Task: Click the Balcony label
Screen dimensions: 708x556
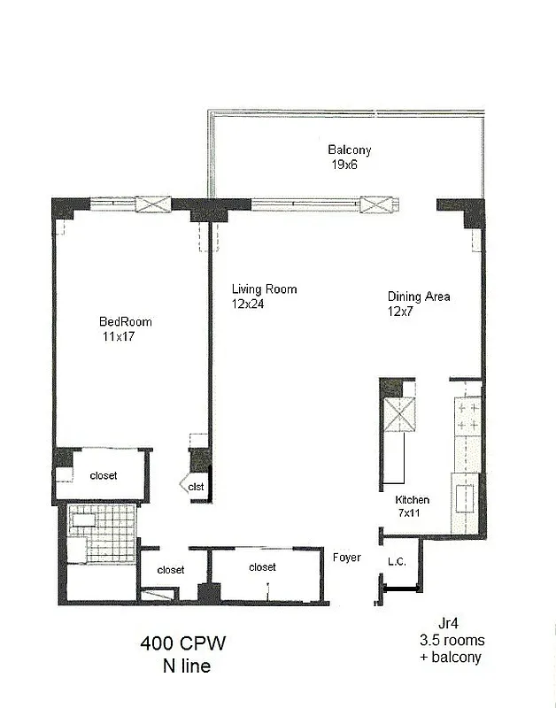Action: tap(349, 150)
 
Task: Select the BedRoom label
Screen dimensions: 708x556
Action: tap(122, 322)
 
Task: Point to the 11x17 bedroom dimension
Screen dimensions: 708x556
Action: tap(119, 336)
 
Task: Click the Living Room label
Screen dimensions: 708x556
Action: tap(264, 289)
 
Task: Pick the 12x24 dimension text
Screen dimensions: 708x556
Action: tap(249, 304)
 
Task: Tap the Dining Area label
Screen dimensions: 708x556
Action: tap(418, 296)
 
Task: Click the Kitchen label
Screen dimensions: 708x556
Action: tap(412, 500)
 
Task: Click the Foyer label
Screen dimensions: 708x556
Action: tap(346, 558)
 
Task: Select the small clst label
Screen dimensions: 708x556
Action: tap(196, 486)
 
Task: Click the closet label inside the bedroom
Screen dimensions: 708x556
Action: tap(103, 476)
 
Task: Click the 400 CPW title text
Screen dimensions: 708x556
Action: tap(188, 643)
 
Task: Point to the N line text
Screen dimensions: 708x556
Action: tap(188, 666)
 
